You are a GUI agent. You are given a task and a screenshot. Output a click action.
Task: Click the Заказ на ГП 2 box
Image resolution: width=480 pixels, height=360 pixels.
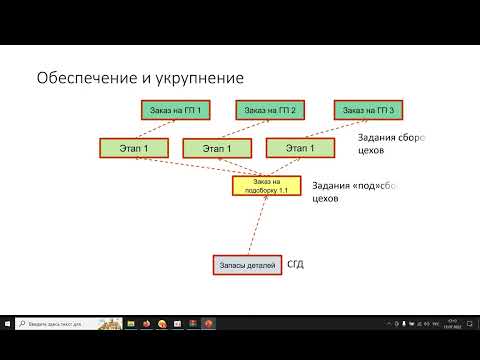269,109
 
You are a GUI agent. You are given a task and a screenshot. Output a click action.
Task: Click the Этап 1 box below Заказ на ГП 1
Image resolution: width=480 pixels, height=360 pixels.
133,149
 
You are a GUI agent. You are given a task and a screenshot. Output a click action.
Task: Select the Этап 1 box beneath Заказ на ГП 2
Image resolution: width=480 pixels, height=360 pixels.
217,149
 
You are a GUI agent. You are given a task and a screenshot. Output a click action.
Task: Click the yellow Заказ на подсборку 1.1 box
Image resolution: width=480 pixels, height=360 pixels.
266,185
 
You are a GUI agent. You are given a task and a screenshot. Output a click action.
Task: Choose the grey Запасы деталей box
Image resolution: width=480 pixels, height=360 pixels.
246,265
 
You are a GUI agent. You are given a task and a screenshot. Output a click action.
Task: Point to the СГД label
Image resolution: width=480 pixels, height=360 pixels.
296,265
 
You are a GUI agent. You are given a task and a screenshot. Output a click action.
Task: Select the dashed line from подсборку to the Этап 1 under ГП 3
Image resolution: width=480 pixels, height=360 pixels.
285,167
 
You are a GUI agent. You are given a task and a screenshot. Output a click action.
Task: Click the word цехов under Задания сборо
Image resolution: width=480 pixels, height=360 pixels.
372,154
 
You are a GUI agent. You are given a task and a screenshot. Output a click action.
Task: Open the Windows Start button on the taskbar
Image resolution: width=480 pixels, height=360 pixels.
9,323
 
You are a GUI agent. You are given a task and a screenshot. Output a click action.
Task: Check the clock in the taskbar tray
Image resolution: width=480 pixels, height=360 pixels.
452,323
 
